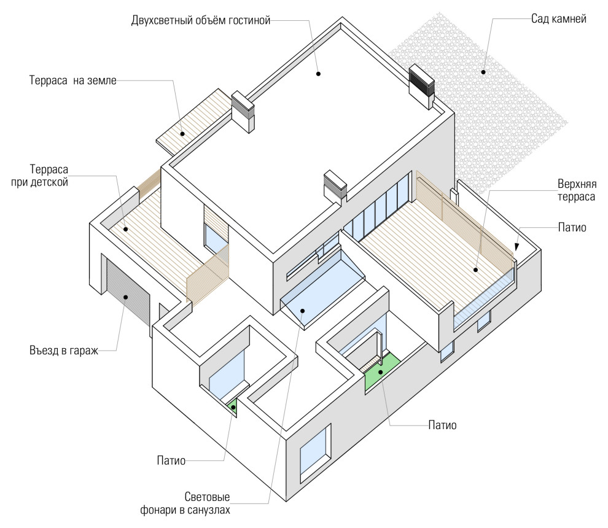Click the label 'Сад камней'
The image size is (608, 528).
click(558, 19)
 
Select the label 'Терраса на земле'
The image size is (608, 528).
click(72, 80)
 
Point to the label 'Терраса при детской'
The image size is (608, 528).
click(49, 175)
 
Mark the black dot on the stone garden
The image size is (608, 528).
click(484, 72)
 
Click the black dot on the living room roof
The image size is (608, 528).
click(319, 74)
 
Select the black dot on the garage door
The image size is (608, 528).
click(125, 297)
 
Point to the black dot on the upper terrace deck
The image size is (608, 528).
click(477, 270)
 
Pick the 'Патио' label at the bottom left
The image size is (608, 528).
click(171, 459)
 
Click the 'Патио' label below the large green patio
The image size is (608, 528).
click(442, 425)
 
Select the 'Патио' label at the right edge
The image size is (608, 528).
click(572, 228)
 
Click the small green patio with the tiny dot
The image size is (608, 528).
click(233, 405)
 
